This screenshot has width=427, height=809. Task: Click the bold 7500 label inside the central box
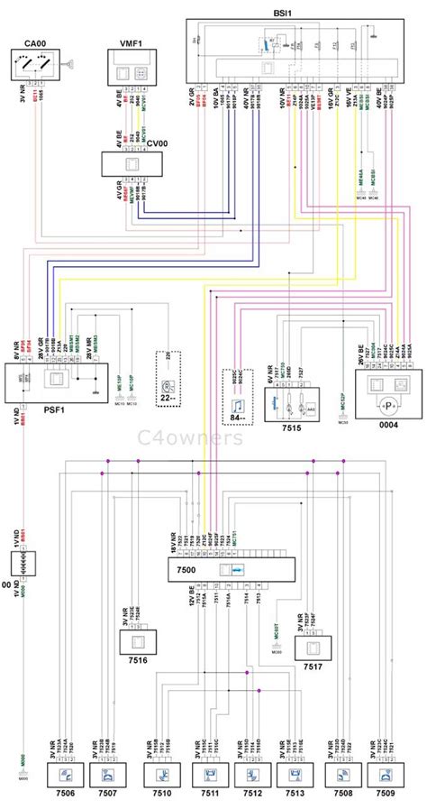pyautogui.click(x=187, y=572)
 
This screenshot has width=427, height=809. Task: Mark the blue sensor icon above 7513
pyautogui.click(x=297, y=776)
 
